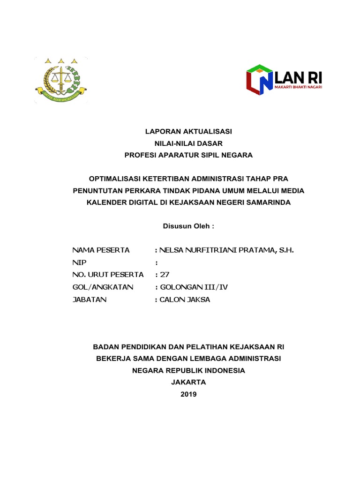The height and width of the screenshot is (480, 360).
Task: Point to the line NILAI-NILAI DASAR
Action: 188,143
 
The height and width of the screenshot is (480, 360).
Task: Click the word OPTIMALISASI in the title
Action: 118,179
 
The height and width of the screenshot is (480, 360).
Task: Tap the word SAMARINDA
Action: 269,202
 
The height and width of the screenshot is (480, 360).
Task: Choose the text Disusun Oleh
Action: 188,226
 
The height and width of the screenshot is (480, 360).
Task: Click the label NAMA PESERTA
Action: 101,250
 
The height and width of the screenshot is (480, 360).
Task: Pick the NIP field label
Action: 80,262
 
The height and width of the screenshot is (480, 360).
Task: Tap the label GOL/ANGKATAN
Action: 103,287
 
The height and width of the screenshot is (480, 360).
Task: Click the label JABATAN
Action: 90,300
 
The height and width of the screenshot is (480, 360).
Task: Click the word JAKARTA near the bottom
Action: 188,382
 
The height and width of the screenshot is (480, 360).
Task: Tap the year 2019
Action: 188,394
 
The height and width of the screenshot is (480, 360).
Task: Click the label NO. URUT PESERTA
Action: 108,275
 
